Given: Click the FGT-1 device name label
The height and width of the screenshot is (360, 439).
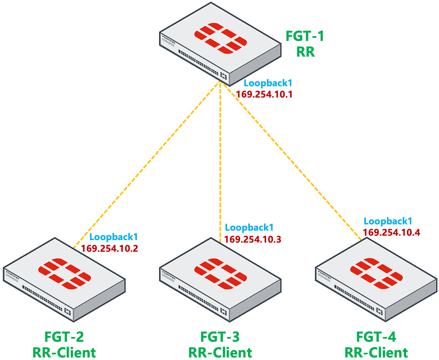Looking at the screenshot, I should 305,36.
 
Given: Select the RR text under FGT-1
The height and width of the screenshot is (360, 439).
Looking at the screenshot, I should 305,52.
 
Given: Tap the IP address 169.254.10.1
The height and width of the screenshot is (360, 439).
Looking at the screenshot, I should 264,94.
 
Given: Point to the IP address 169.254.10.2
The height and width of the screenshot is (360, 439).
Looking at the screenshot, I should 110,249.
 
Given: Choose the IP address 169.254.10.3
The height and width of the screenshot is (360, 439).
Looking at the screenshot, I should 253,239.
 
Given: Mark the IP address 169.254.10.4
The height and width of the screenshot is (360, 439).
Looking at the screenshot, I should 391,233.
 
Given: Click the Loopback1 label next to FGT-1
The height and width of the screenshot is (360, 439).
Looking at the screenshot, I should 268,83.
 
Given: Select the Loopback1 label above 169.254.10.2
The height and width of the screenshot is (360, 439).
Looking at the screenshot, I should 114,237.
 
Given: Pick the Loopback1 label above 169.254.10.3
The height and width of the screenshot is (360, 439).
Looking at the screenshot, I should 249,228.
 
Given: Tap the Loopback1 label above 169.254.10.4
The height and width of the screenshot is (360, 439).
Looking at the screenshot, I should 388,221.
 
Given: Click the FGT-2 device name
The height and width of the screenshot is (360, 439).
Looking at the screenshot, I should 64,337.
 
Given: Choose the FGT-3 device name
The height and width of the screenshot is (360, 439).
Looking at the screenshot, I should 220,337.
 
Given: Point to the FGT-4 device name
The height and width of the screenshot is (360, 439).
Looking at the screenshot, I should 376,337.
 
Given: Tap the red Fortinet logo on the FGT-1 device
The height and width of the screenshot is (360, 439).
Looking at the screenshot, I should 220,38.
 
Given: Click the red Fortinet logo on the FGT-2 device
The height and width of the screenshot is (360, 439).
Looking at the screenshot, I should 65,273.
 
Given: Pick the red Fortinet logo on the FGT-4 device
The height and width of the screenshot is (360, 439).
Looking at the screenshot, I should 376,273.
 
